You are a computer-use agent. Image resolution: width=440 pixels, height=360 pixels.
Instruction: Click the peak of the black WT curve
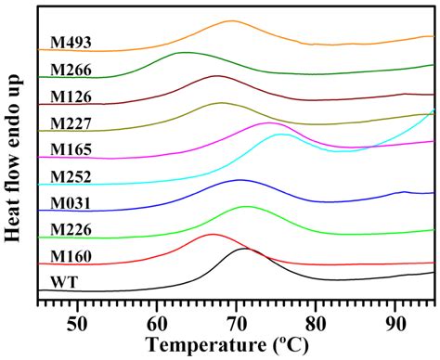point(244,249)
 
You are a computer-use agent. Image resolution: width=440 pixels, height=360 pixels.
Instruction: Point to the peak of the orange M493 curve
point(231,20)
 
